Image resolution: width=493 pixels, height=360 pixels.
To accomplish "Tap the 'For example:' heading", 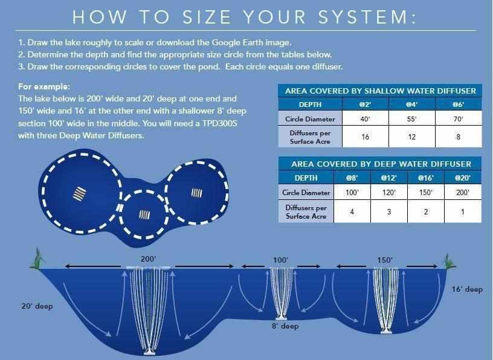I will [44, 86].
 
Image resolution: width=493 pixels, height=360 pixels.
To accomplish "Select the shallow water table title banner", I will [380, 91].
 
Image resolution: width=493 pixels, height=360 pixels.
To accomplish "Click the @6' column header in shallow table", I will [458, 104].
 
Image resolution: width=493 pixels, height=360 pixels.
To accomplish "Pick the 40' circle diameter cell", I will [365, 119].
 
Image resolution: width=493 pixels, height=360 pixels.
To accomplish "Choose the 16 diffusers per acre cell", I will [365, 137].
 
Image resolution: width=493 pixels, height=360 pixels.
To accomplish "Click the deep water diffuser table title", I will [380, 164].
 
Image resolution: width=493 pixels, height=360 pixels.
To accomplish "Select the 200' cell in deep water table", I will [463, 193].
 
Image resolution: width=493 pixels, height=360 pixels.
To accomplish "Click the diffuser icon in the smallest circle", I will [145, 214].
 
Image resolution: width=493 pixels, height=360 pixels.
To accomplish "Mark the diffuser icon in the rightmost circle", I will [196, 193].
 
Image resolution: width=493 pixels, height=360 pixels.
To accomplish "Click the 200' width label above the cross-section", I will [148, 259].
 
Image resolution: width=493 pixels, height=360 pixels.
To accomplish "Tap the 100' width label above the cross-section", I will [280, 260].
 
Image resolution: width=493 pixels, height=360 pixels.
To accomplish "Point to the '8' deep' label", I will [285, 326].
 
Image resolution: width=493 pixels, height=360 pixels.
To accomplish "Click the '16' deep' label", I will [467, 289].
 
